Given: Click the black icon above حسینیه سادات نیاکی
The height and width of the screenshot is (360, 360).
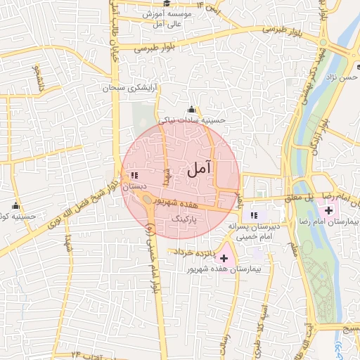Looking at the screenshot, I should [x=191, y=110].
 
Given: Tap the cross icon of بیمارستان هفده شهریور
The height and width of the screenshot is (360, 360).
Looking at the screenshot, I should [x=224, y=259].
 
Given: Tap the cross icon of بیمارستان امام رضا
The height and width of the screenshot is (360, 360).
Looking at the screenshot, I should [x=329, y=210].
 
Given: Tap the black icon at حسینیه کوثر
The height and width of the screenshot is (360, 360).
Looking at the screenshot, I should [x=15, y=205].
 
